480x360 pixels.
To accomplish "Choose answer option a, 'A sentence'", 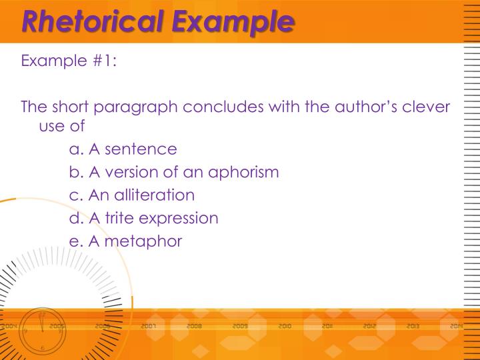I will click(123, 149).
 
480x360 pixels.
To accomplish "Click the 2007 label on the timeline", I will click(148, 327).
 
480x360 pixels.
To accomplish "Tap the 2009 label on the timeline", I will click(240, 327).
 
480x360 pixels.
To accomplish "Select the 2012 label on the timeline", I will click(370, 327).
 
